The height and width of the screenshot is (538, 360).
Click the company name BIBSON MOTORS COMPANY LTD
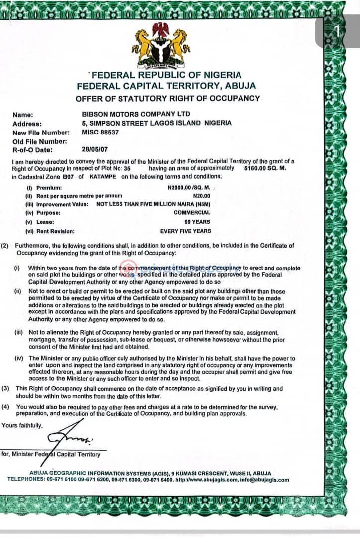click(128, 114)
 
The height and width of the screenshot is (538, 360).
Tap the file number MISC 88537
click(100, 132)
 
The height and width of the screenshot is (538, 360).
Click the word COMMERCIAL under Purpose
click(192, 213)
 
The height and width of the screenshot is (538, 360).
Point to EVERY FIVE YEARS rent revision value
click(185, 231)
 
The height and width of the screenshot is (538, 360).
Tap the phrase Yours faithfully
click(22, 425)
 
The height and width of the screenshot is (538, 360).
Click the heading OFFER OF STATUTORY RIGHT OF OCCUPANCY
click(167, 98)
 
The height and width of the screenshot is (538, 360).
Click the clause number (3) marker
click(5, 388)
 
